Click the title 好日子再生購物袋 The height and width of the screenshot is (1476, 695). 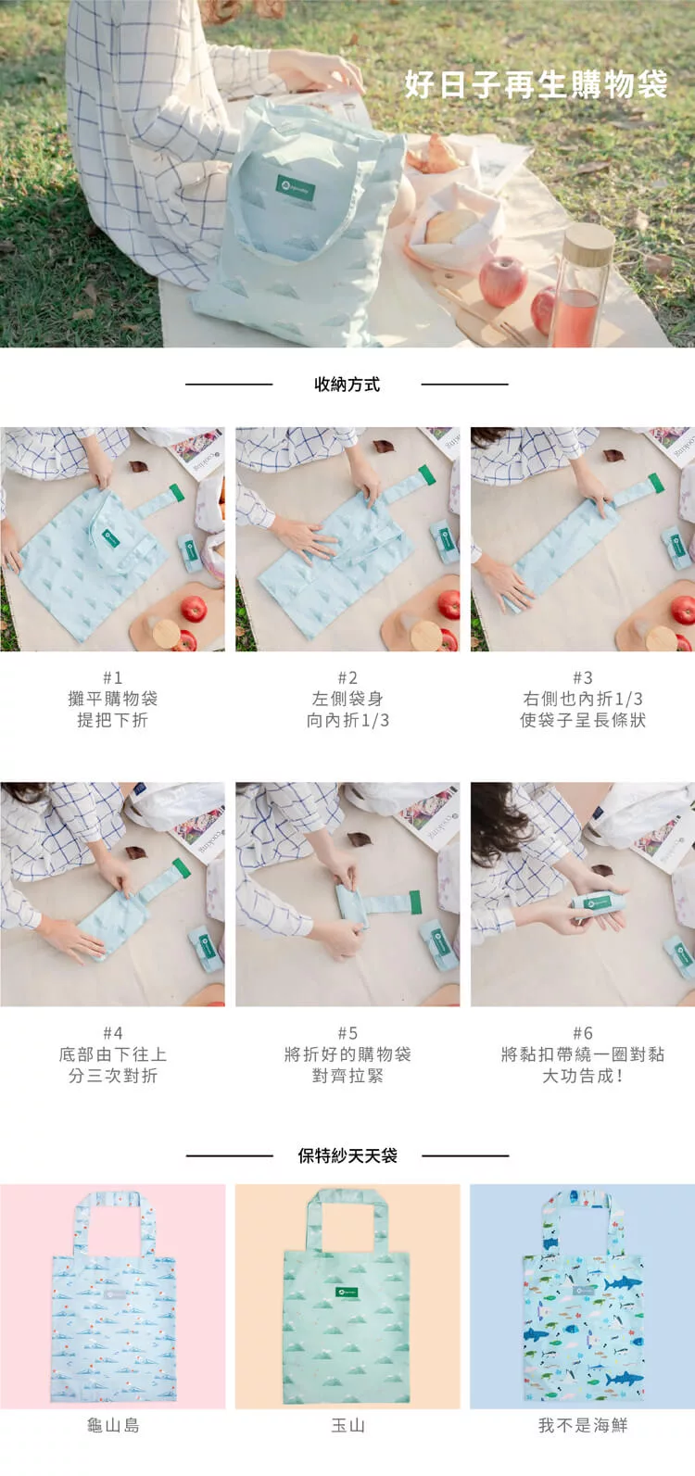point(537,84)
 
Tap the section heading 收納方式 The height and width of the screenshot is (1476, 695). point(347,385)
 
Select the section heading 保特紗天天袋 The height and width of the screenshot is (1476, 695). point(347,1155)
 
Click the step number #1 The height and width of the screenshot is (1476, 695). point(113,677)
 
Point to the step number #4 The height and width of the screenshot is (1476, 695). point(113,1032)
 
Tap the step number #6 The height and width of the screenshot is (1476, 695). point(583,1032)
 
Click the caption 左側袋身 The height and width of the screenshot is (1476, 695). point(347,699)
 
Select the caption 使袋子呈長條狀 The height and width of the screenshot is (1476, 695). point(583,720)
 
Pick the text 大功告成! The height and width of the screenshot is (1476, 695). point(583,1076)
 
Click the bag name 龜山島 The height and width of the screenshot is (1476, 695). point(113,1425)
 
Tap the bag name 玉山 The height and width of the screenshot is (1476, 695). point(347,1425)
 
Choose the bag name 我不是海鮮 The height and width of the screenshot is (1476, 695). point(583,1425)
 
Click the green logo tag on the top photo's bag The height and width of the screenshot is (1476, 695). point(295,189)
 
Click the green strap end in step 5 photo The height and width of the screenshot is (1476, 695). point(415,902)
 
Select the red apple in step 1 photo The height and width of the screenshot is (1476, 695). point(194,609)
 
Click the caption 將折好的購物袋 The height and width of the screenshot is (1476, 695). point(347,1054)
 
